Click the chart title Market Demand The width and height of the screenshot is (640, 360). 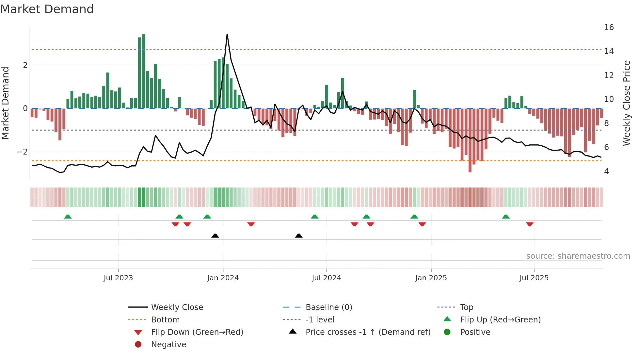point(47,9)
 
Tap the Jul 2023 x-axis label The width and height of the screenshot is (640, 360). point(118,278)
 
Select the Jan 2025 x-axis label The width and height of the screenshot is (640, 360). point(431,278)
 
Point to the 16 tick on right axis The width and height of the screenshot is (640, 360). point(609,27)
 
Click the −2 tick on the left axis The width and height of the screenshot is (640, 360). point(22,152)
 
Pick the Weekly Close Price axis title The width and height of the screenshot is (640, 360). point(626,103)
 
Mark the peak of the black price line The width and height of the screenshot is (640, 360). point(227,34)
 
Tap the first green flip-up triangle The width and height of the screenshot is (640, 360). point(68,217)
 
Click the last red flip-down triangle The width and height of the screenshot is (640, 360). point(530,224)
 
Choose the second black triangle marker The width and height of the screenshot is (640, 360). point(298,236)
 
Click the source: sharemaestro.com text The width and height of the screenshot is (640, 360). point(578,256)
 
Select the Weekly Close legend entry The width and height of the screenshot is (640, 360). point(177,307)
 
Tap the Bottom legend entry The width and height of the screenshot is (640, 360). point(165,319)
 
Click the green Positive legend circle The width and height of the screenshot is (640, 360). point(447,332)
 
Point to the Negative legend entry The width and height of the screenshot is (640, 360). point(168,344)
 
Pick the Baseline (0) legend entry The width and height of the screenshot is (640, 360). point(328,307)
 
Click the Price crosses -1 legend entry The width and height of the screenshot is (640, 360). point(368,332)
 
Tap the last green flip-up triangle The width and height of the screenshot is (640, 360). point(505,217)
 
